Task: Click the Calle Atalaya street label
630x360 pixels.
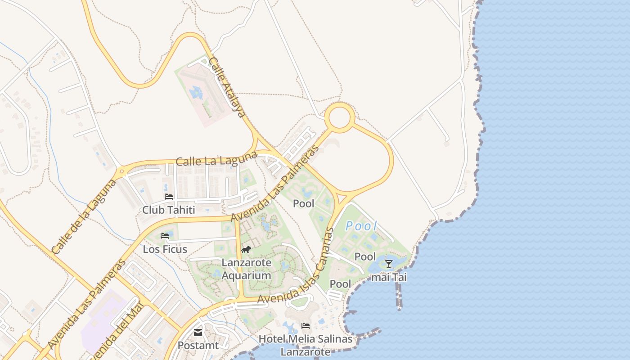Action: tap(228, 87)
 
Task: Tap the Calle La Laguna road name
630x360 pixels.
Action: tap(216, 158)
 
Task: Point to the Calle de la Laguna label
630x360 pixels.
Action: tap(84, 217)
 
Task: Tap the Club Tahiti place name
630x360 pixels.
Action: tap(169, 210)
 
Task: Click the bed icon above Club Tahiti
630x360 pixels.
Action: tap(169, 197)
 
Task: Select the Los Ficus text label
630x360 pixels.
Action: tap(165, 249)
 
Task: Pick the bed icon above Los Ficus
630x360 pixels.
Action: tap(165, 236)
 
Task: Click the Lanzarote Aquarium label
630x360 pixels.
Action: tap(246, 269)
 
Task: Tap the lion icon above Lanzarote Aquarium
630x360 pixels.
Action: tap(246, 250)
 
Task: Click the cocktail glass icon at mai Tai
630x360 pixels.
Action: tap(389, 264)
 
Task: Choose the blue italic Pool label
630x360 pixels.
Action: tap(361, 226)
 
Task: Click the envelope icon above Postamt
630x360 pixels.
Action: tap(198, 333)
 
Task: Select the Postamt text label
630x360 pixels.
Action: tap(198, 346)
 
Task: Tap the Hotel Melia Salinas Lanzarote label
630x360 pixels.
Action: tap(306, 345)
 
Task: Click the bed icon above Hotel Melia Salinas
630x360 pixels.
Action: tap(306, 326)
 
